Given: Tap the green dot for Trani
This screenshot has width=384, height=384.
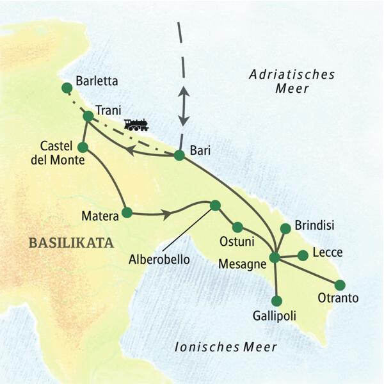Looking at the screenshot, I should coord(88,116).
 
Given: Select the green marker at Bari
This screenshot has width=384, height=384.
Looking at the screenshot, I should coord(179,155).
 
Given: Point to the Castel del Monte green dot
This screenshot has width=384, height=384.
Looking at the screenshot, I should coord(82,147).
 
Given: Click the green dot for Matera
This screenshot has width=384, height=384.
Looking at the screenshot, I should coord(127,213).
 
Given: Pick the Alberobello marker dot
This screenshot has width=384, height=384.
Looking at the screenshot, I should coord(215,205).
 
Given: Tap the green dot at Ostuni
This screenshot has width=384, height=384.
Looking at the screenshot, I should coord(237,227).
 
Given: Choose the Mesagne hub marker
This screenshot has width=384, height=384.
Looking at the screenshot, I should coord(275,257).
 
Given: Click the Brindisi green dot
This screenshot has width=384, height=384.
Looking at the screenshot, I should coord(285,228).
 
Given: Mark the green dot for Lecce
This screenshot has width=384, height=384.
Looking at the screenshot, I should coord(303,255).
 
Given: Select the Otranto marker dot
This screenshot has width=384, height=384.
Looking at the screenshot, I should coord(339,285).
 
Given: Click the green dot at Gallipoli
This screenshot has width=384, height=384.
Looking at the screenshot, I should coord(276,301).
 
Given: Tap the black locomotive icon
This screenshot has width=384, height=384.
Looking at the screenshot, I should coord(136,124).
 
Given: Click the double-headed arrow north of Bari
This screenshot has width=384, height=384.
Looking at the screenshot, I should coord(184,105).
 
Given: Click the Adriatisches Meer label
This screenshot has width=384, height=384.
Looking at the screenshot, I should coord(292,82).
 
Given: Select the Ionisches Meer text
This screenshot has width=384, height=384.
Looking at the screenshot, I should coord(226,347).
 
